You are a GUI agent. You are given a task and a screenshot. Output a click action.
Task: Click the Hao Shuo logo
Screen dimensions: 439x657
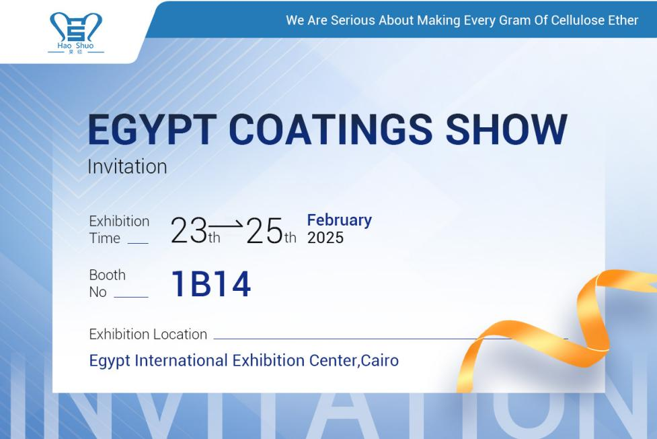tap(76, 31)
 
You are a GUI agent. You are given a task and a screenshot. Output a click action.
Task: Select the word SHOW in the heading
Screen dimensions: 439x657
tap(505, 130)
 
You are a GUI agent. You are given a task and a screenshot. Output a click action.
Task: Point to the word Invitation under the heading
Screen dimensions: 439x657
tap(127, 167)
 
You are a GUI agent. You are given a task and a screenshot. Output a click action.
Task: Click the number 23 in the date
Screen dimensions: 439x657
tap(189, 231)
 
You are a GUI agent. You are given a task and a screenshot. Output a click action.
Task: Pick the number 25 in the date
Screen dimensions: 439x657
tap(265, 231)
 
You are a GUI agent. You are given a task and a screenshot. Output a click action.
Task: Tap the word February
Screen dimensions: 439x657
tap(339, 220)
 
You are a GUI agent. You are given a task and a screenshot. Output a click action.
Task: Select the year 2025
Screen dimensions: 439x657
tap(325, 238)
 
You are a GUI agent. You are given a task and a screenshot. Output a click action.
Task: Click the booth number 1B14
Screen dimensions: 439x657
tap(211, 284)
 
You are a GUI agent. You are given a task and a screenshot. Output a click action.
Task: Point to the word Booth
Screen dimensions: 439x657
tap(107, 275)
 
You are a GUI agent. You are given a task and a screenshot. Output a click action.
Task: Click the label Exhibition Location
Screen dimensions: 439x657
tap(148, 334)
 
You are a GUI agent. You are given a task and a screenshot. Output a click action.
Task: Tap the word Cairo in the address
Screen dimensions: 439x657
tap(380, 360)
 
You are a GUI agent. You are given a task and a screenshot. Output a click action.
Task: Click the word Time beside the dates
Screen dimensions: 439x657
tap(105, 238)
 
